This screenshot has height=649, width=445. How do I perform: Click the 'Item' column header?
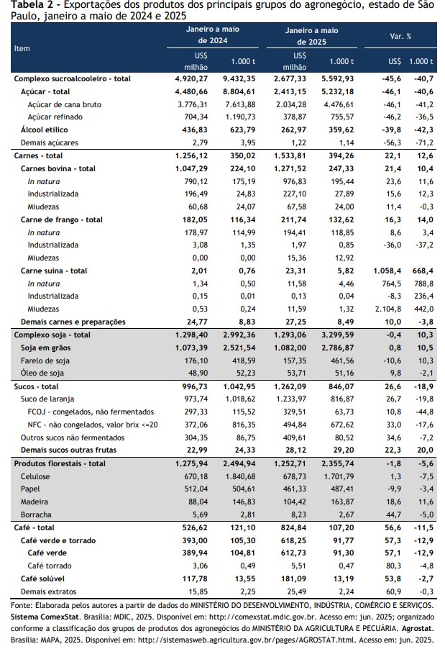pyautogui.click(x=22, y=48)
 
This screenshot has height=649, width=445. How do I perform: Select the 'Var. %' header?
pyautogui.click(x=400, y=37)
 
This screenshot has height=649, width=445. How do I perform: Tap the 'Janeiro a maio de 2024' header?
pyautogui.click(x=213, y=35)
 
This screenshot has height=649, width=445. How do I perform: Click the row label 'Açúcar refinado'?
pyautogui.click(x=55, y=117)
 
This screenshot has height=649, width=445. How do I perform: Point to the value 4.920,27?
pyautogui.click(x=191, y=78)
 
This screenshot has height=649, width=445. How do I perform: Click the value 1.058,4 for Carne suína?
pyautogui.click(x=387, y=271)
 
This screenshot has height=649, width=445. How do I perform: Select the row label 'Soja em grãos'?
pyautogui.click(x=45, y=348)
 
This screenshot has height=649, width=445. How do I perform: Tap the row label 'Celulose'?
pyautogui.click(x=35, y=477)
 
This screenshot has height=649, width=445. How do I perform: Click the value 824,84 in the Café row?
pyautogui.click(x=293, y=527)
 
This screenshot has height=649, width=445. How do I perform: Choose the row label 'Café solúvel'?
pyautogui.click(x=42, y=579)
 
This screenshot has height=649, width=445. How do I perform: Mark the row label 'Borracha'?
pyautogui.click(x=36, y=515)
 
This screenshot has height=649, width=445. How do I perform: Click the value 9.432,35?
pyautogui.click(x=239, y=78)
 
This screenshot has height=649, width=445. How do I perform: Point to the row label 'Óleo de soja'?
pyautogui.click(x=42, y=373)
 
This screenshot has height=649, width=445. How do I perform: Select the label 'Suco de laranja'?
pyautogui.click(x=47, y=399)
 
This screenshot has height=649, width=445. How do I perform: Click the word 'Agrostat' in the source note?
pyautogui.click(x=417, y=629)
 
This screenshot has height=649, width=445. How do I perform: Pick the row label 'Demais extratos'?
pyautogui.click(x=48, y=592)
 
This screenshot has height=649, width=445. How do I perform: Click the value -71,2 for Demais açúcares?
pyautogui.click(x=425, y=142)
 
